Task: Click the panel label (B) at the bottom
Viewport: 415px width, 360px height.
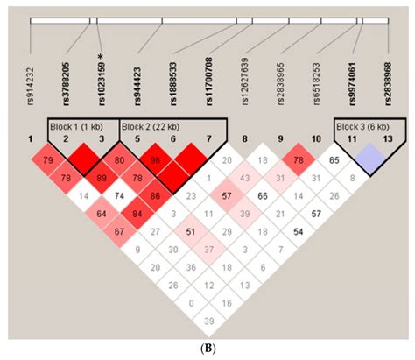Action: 207,349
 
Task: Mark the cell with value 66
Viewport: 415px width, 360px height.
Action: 262,196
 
